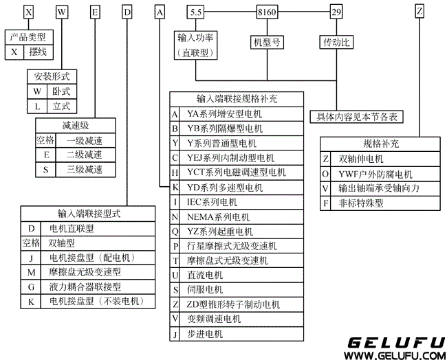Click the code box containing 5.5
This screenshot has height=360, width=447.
coord(195,12)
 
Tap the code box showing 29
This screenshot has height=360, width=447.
coord(336,12)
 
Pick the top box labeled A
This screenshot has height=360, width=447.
coord(160,12)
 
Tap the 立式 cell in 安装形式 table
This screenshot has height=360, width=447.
coord(61,106)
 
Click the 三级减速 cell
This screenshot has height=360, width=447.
coord(84,169)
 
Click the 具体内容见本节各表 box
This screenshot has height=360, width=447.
coord(356,117)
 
